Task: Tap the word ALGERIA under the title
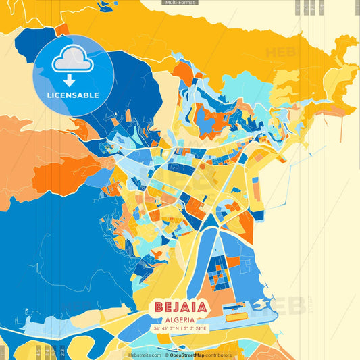[x=180, y=320]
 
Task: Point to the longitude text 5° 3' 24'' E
[x=195, y=329]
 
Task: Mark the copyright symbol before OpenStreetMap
[x=166, y=355]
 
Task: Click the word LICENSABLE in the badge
[x=73, y=95]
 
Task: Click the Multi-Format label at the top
[x=180, y=3]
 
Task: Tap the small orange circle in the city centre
[x=202, y=165]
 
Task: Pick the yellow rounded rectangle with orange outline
[x=236, y=315]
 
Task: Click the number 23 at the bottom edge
[x=62, y=352]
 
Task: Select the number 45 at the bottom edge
[x=38, y=352]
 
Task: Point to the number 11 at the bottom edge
[x=3, y=352]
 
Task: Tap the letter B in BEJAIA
[x=160, y=307]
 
